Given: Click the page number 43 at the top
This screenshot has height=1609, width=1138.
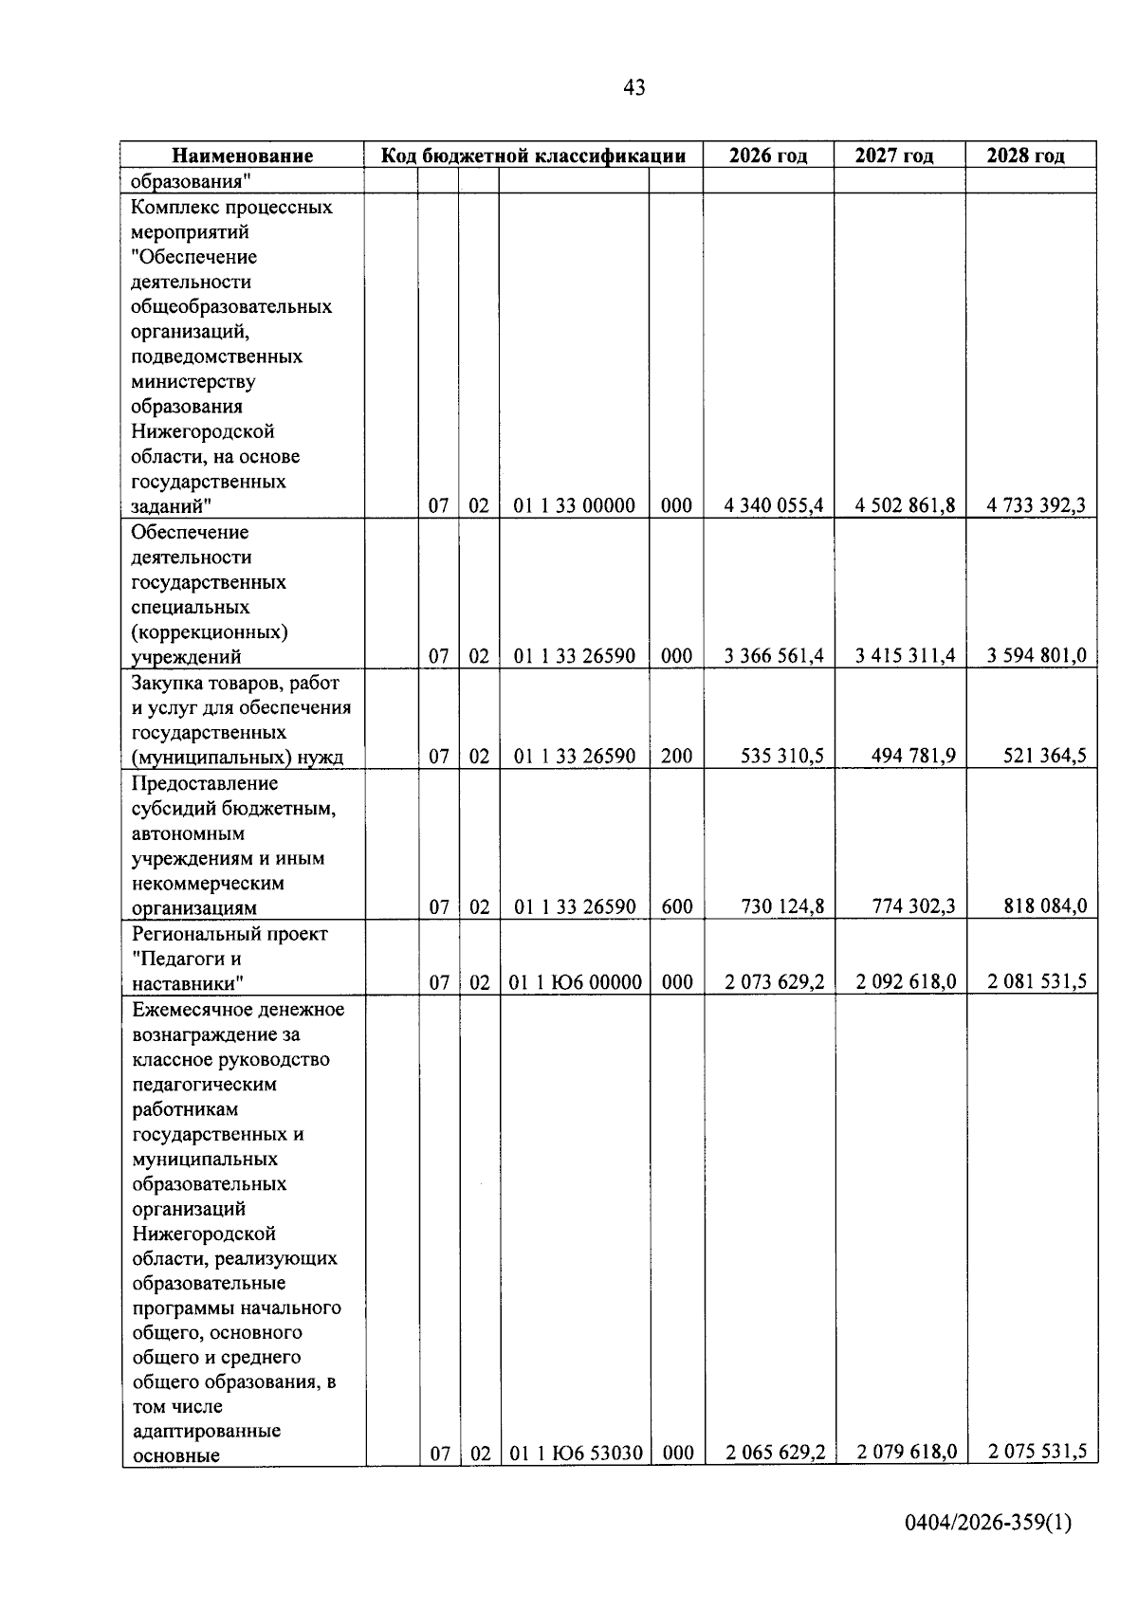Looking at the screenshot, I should pyautogui.click(x=634, y=88).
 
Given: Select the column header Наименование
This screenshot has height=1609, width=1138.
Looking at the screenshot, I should pyautogui.click(x=242, y=155).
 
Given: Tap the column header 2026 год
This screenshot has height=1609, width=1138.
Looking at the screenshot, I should pyautogui.click(x=768, y=155).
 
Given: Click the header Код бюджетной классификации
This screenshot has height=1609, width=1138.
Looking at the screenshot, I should pyautogui.click(x=533, y=155).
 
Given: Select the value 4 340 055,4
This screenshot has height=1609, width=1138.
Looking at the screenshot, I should pyautogui.click(x=774, y=505).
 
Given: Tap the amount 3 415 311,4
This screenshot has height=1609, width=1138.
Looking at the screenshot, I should pyautogui.click(x=905, y=655).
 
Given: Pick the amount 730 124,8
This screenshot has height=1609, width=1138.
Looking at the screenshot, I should pyautogui.click(x=782, y=906).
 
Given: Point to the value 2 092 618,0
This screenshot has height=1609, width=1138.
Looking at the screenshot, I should pyautogui.click(x=906, y=982).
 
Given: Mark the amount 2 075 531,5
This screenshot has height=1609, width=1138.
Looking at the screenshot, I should pyautogui.click(x=1037, y=1452).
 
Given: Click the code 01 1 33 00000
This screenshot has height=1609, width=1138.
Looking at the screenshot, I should pyautogui.click(x=574, y=505).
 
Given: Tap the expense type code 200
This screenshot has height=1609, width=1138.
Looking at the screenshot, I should pyautogui.click(x=676, y=756).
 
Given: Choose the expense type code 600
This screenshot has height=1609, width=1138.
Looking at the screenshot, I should pyautogui.click(x=676, y=906).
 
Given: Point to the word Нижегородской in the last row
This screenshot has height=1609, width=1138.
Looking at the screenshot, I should pyautogui.click(x=204, y=1234).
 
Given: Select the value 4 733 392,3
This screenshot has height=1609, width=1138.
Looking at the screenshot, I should pyautogui.click(x=1036, y=505).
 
